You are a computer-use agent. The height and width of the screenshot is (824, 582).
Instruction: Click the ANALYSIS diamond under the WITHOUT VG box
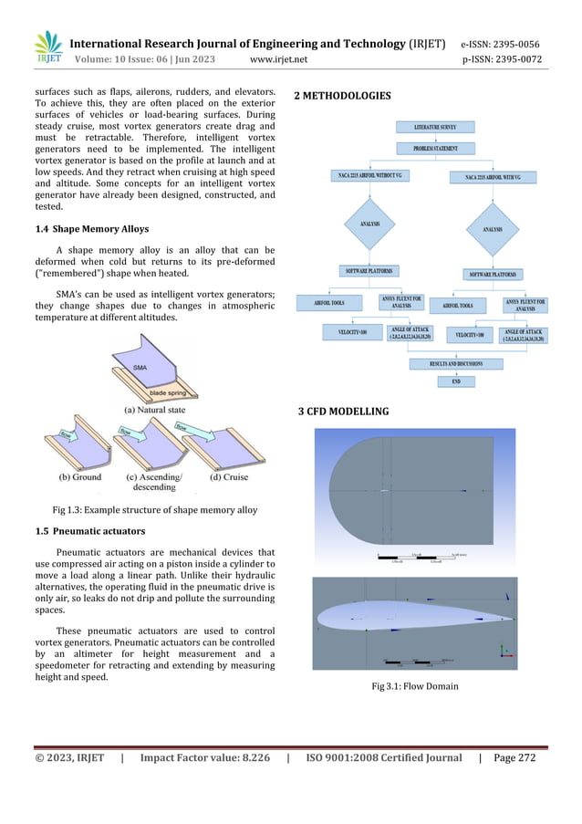point(370,224)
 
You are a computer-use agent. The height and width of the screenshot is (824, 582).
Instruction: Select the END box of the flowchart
point(456,381)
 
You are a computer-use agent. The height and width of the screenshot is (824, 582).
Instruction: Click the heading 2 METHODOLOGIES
point(343,96)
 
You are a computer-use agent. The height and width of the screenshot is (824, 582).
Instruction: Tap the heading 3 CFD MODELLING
point(343,412)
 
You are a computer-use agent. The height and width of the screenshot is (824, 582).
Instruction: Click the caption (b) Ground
point(80,477)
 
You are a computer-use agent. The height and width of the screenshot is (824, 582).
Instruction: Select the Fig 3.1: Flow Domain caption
point(415,684)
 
